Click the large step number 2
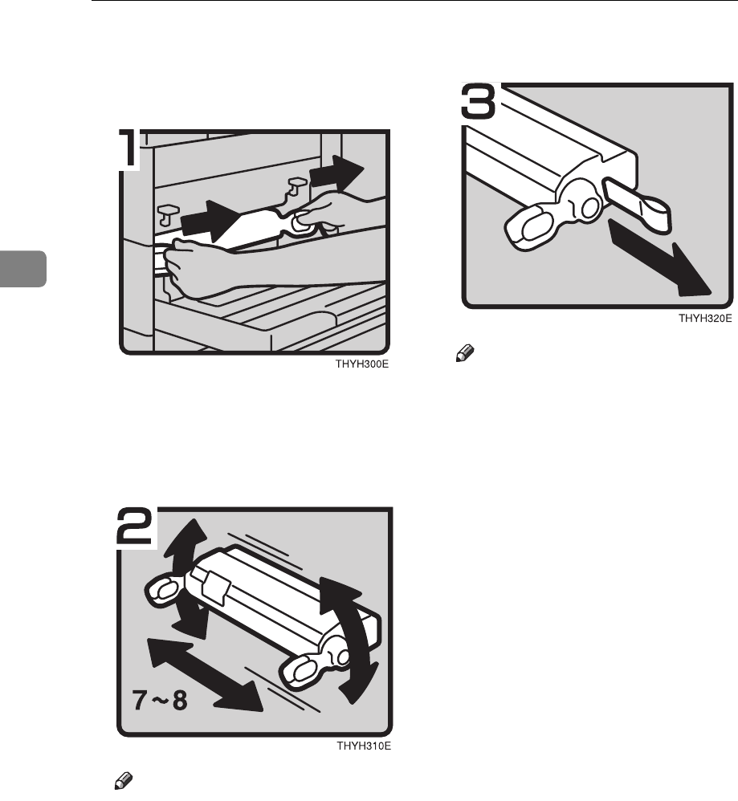[x=136, y=527]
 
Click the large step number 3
[x=479, y=101]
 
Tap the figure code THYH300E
[x=362, y=364]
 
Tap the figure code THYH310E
[x=364, y=746]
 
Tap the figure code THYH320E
[x=705, y=319]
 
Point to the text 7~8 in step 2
[x=160, y=700]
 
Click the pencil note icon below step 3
[x=465, y=353]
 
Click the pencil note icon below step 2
[x=123, y=781]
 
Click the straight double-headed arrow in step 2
[x=205, y=675]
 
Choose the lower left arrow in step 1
[x=210, y=221]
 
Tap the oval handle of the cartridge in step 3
[x=530, y=228]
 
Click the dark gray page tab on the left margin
[x=23, y=268]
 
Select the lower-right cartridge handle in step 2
[x=307, y=669]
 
